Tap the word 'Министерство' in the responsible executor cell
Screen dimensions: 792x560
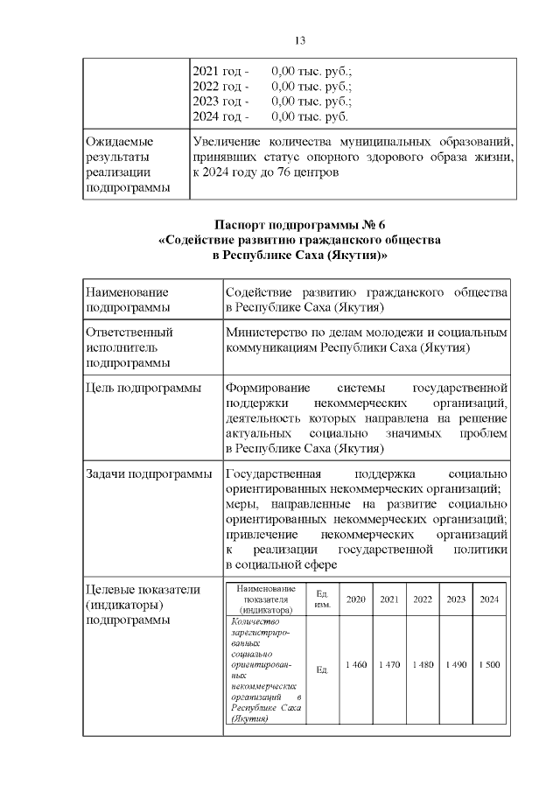[266, 333]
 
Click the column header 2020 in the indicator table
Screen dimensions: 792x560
[356, 599]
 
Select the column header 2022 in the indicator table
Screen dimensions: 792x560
[423, 599]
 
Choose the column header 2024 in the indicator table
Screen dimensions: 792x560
[489, 599]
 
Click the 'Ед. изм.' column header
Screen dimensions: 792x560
[321, 599]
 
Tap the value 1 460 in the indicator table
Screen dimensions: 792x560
[356, 666]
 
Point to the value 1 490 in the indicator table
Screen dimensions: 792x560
[456, 666]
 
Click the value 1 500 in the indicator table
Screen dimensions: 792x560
[489, 666]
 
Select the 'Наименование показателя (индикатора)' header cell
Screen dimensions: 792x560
[267, 599]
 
